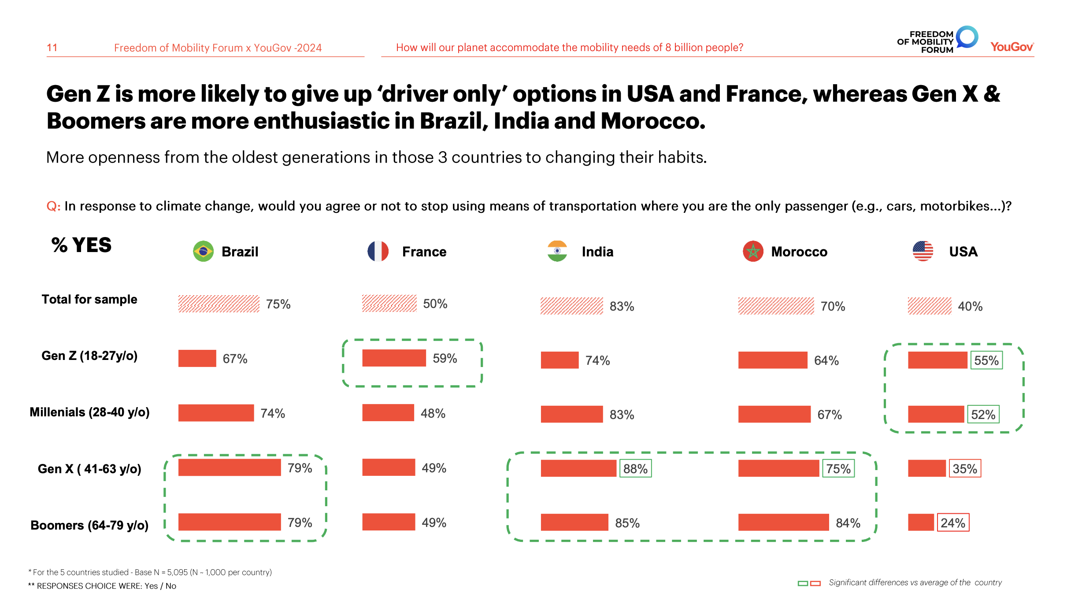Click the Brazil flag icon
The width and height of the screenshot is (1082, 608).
click(203, 251)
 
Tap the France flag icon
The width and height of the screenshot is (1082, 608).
click(378, 251)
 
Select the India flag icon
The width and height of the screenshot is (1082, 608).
click(557, 251)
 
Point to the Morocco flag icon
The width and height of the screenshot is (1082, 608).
click(753, 251)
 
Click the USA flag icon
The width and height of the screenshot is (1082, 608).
click(923, 251)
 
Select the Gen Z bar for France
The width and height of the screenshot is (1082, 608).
click(394, 358)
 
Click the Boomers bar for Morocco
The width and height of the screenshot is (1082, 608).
click(783, 522)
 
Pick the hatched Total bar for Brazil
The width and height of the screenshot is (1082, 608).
click(219, 304)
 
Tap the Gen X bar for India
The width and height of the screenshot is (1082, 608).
click(578, 468)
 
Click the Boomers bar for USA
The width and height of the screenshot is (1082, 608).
click(921, 522)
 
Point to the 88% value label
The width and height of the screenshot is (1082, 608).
click(635, 468)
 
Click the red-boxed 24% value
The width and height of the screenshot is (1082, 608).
click(953, 523)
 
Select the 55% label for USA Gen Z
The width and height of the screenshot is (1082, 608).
click(986, 360)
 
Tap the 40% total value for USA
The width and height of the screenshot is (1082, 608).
click(970, 306)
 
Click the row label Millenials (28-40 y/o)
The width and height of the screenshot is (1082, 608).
click(89, 412)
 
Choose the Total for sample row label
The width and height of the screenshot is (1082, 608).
click(89, 300)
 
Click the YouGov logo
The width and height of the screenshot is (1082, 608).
click(1012, 47)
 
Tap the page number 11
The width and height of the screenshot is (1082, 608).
click(52, 48)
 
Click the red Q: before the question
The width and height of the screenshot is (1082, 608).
click(53, 206)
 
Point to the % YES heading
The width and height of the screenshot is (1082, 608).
click(82, 245)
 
